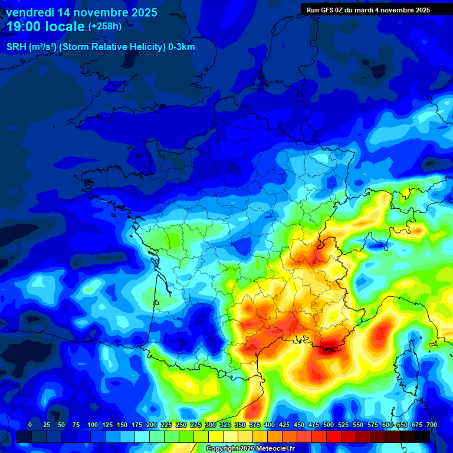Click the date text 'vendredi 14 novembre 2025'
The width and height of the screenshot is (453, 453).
pos(81,12)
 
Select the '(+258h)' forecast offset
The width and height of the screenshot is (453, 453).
pos(105,26)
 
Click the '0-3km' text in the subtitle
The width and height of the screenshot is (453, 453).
pos(181,47)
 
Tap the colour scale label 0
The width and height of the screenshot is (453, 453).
pos(30,425)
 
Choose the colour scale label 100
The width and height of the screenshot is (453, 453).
pos(92,425)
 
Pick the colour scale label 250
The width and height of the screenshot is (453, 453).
pos(181,425)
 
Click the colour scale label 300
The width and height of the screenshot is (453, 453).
pos(211,425)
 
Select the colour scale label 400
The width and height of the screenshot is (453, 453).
pos(270,425)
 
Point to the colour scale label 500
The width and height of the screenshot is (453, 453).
pos(329,425)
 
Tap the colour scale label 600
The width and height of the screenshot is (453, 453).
pos(388,425)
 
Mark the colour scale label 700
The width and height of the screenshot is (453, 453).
pos(432,425)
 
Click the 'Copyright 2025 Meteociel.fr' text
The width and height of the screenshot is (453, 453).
pos(250,448)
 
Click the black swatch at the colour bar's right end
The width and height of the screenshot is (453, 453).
pos(422,436)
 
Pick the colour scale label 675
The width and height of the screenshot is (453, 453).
pos(417,425)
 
